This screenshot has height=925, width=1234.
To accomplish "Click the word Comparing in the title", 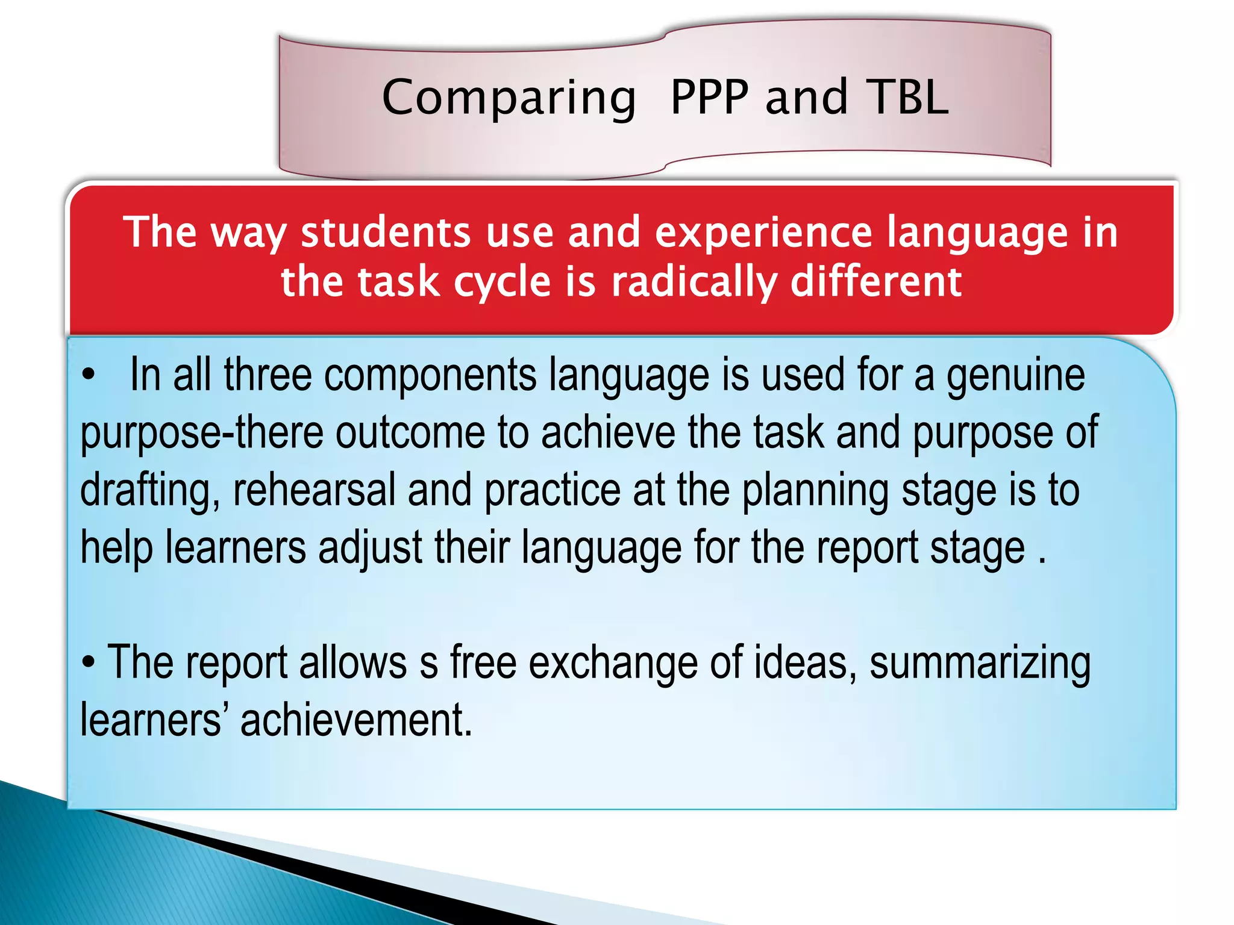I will [509, 98].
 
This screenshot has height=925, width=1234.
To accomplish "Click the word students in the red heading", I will [386, 232].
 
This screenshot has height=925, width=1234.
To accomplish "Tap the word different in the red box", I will [876, 282].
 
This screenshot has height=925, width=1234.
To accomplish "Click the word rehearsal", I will [314, 490].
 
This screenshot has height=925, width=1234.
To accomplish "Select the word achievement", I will [356, 720].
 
